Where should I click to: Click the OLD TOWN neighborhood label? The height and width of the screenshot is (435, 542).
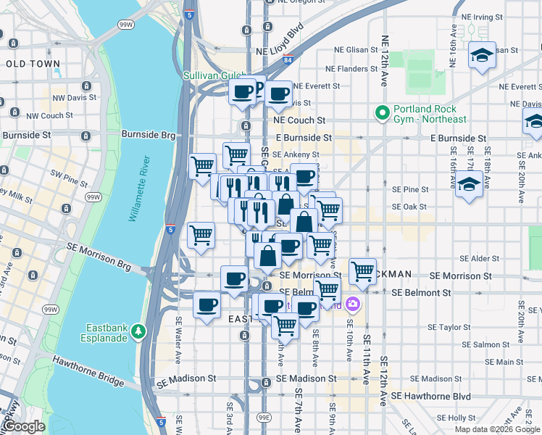click(33, 64)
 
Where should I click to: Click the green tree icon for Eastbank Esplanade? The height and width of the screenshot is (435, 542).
click(138, 331)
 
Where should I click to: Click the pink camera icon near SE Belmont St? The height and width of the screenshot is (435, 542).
click(353, 304)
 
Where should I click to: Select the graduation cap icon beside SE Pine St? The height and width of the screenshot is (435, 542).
click(469, 183)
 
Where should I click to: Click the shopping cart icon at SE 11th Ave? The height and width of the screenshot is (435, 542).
click(362, 272)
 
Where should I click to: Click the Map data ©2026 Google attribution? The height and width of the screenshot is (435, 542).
click(496, 429)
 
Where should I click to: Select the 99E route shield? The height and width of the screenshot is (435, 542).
click(266, 417)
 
